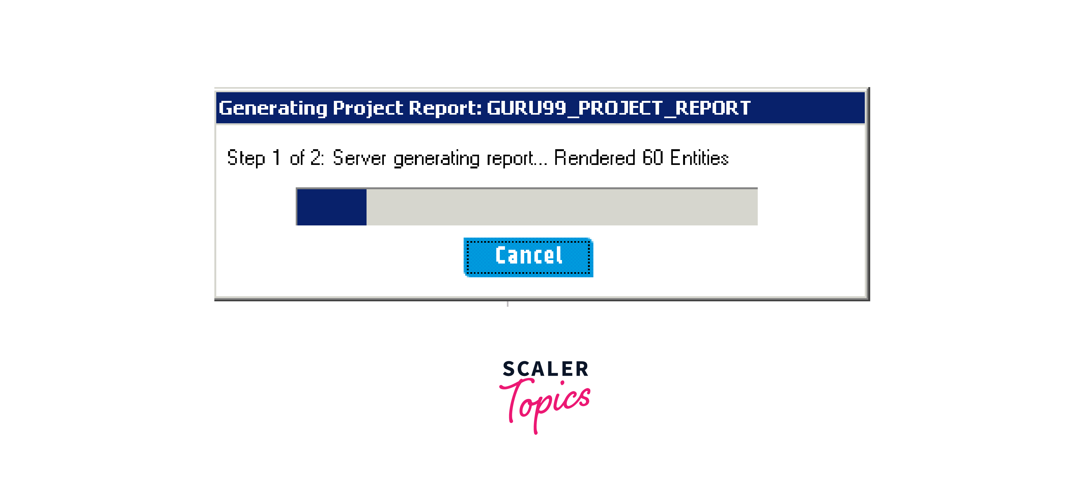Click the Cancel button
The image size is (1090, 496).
[528, 257]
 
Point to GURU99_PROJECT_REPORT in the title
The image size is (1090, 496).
[619, 108]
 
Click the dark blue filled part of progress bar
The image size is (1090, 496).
[332, 207]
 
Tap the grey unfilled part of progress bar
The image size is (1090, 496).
[562, 207]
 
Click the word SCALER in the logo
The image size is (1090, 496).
[545, 369]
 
